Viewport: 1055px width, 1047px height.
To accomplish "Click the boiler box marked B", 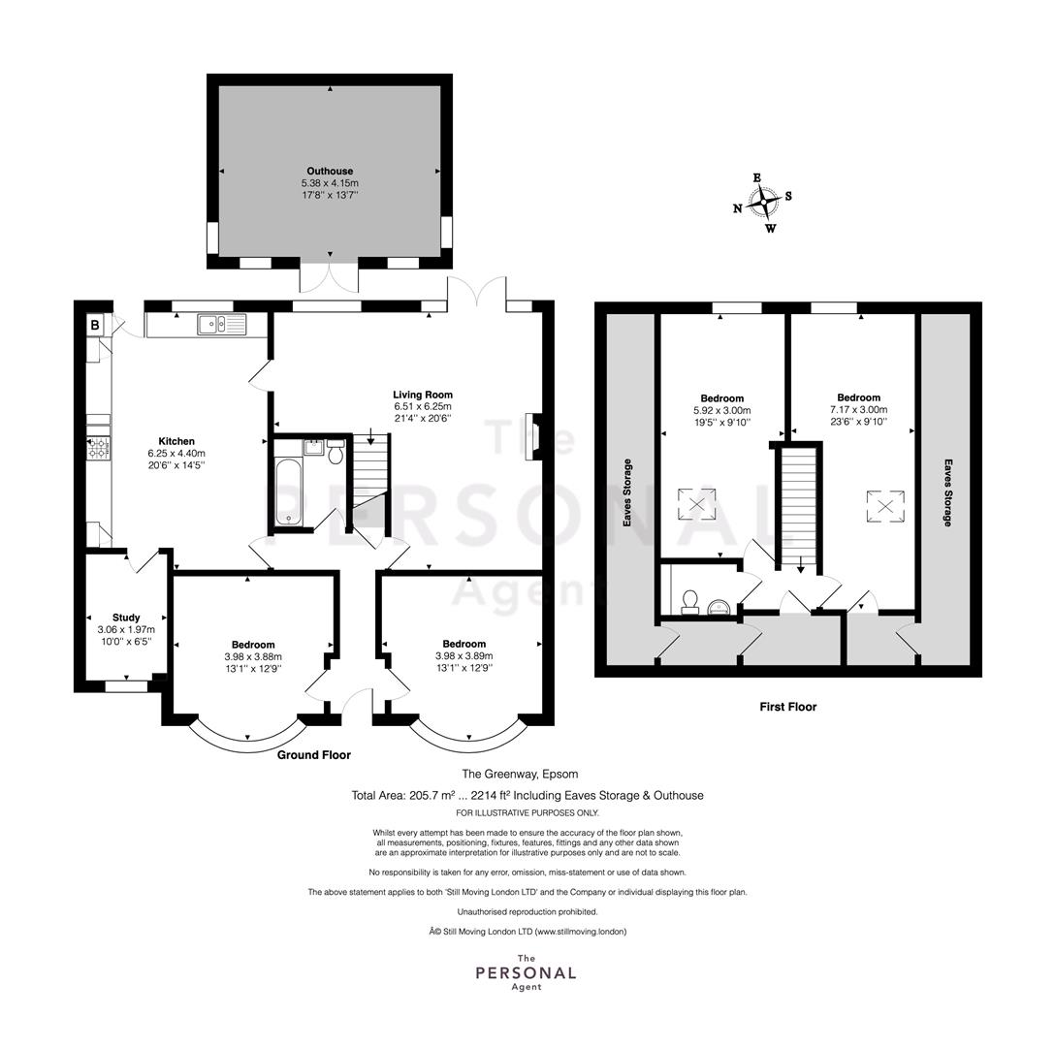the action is pos(95,326).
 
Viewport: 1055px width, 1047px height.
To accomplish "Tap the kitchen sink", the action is pos(222,325).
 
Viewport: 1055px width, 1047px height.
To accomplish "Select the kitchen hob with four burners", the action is pos(99,449).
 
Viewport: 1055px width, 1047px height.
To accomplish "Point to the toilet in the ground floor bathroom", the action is pos(336,452).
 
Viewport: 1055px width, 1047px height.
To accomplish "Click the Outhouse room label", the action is pos(330,171).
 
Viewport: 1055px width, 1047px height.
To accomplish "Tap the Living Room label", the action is pos(423,395).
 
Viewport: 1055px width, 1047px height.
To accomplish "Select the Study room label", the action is pos(126,617).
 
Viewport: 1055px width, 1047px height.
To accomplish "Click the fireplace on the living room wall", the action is pos(533,436).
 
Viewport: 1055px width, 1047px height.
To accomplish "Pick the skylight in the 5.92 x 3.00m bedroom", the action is pos(697,504).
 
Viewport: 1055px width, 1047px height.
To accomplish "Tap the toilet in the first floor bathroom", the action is pos(690,602).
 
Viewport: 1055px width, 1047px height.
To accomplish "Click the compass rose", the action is pos(763,203).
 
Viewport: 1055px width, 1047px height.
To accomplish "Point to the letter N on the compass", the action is pos(737,208).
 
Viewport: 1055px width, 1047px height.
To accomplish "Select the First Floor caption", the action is pos(788,707).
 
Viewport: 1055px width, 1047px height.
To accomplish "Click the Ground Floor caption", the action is pos(314,755).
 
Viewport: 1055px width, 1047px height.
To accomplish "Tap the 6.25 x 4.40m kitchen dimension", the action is pos(176,454).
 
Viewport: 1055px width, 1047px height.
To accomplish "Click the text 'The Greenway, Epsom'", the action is pos(520,774).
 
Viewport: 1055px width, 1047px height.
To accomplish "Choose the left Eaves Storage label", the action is pos(627,492).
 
